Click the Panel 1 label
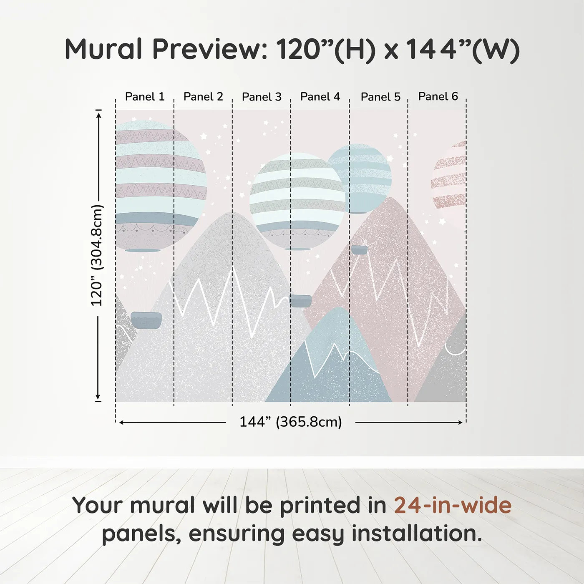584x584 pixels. [145, 97]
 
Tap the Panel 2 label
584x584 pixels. [203, 97]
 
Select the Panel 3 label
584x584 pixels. [262, 97]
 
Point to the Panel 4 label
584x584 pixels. [320, 97]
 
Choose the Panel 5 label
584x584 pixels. [380, 97]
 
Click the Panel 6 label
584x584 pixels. [438, 96]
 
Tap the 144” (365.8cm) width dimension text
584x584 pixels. [290, 422]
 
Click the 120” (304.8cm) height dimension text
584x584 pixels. [97, 255]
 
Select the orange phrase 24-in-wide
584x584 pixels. [453, 505]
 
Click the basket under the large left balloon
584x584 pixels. [146, 320]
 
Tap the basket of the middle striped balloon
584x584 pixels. [300, 300]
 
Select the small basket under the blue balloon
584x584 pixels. [359, 250]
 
